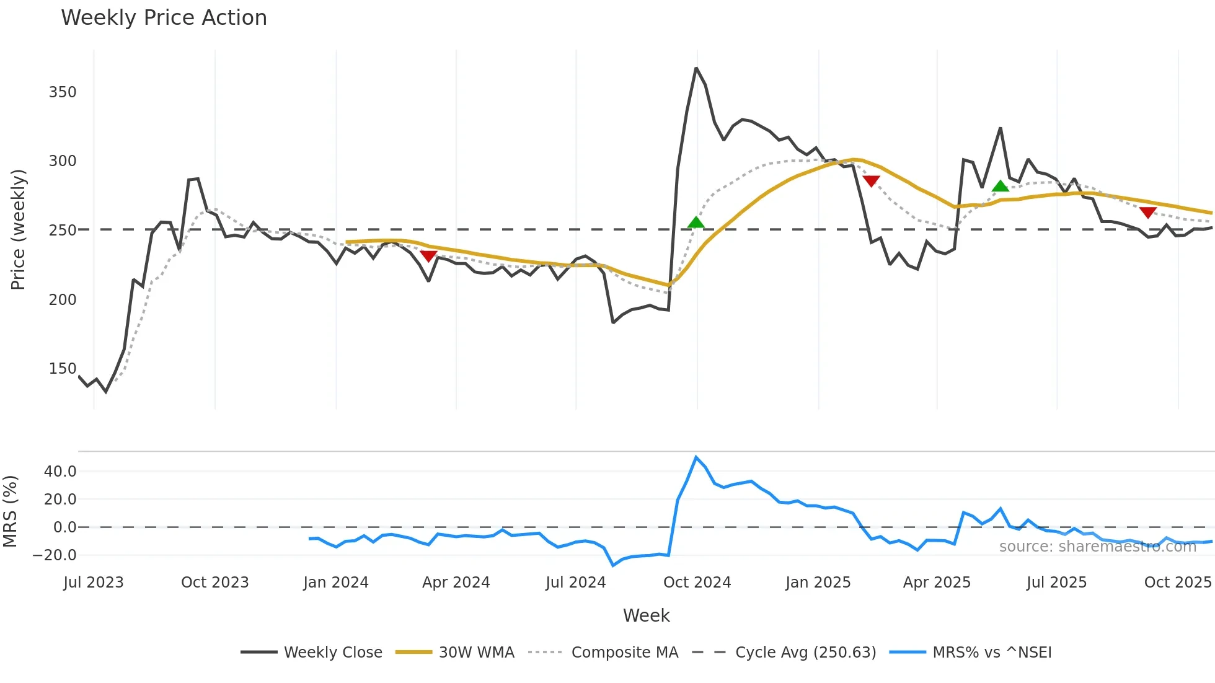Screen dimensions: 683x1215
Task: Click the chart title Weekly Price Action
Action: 164,18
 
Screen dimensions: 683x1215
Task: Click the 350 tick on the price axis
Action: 63,92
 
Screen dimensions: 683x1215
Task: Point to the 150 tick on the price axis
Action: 63,369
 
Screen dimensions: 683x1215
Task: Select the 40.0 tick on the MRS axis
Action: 60,472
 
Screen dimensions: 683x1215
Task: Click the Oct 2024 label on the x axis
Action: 697,583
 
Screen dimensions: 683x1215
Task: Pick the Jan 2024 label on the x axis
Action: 335,583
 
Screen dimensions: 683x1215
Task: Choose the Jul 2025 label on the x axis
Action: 1056,583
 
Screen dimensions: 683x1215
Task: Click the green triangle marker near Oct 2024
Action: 696,223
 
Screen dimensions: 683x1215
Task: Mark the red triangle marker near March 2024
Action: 428,256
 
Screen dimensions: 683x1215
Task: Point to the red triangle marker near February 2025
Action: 871,181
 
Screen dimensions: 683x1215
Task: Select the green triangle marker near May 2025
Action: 1000,186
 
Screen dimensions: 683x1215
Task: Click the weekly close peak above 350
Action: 696,68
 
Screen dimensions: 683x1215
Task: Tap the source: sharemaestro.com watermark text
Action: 1097,547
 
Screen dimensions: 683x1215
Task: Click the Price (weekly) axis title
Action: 19,229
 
